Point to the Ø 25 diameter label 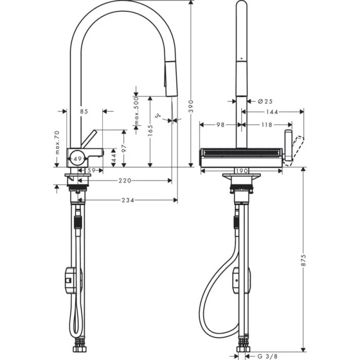265,101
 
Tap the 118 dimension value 266,124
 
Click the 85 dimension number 84,111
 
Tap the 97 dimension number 124,148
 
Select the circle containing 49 77,159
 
